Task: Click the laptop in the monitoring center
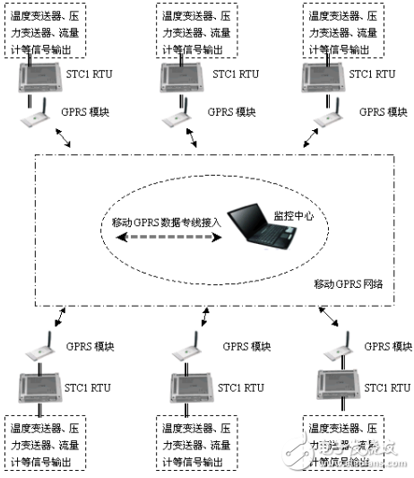coord(260,230)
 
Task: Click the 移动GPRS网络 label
coord(348,284)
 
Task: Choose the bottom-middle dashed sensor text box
coord(194,442)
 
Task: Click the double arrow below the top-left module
coord(65,138)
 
